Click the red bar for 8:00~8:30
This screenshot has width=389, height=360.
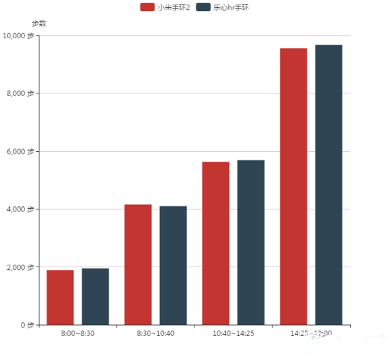point(60,297)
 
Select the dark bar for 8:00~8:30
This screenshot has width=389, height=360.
point(95,296)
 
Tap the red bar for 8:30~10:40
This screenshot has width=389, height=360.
point(137,265)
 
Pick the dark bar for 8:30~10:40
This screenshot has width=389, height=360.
point(172,265)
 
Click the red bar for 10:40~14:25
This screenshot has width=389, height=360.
point(215,243)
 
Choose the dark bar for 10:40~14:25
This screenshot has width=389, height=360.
point(250,242)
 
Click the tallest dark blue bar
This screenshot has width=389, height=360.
point(328,185)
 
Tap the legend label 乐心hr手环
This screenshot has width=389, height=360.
point(231,7)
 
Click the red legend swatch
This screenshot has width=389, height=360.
point(147,7)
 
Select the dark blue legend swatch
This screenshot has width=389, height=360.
point(203,7)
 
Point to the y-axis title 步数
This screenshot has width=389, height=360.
point(39,23)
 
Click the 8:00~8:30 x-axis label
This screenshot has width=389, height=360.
point(78,333)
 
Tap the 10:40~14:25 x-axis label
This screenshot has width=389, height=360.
point(233,333)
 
